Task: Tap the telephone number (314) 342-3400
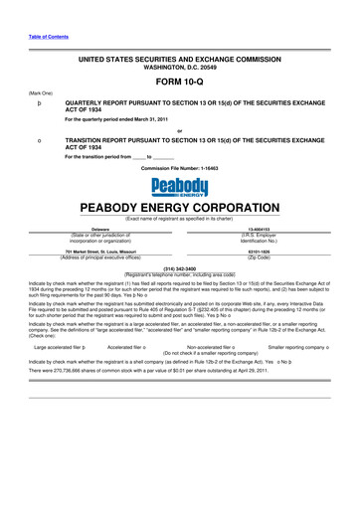[180, 267]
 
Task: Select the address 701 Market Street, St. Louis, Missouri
[79, 252]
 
